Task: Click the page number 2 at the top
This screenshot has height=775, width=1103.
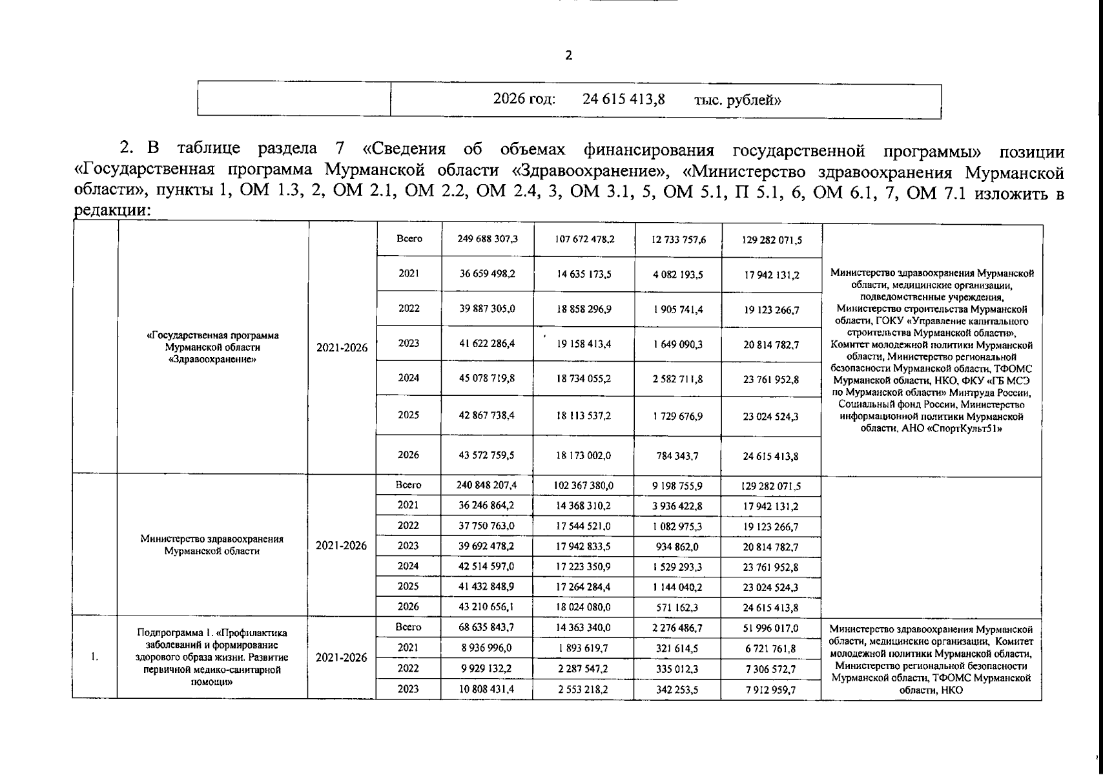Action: tap(568, 56)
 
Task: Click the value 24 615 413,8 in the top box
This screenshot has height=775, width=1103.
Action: tap(623, 99)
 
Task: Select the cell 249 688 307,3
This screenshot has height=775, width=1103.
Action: tap(487, 239)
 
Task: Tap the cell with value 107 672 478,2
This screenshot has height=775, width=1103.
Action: tap(584, 240)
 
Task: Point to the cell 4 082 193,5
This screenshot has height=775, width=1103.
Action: tap(677, 274)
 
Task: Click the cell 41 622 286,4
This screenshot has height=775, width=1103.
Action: tap(487, 344)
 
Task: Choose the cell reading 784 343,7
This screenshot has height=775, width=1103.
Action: tap(677, 456)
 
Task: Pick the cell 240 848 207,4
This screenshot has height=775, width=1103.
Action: tap(487, 485)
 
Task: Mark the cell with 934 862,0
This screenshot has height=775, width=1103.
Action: tap(677, 547)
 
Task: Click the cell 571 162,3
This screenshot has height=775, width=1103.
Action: tap(677, 608)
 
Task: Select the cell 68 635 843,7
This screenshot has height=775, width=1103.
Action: tap(487, 627)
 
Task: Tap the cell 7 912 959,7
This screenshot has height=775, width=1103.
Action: tap(770, 690)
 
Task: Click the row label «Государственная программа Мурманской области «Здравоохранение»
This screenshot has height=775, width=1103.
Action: tap(212, 347)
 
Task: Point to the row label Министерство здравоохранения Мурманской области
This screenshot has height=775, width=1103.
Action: tap(212, 544)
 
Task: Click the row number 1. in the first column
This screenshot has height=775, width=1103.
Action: tap(94, 657)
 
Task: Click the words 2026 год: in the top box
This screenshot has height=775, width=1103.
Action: tap(524, 99)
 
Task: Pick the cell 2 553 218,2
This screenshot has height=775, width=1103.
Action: tap(584, 689)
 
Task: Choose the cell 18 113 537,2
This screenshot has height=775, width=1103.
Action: tap(584, 416)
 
